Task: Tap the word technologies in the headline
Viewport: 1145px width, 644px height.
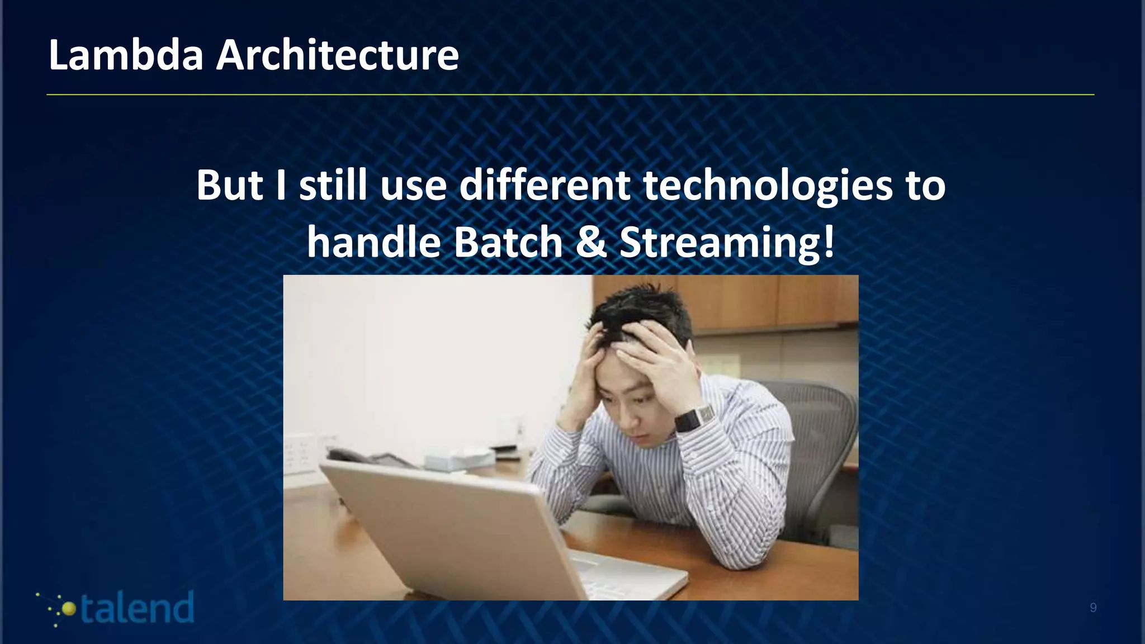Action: point(768,186)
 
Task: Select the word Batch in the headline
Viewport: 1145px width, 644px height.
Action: point(508,243)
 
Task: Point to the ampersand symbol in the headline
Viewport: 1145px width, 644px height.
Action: point(590,243)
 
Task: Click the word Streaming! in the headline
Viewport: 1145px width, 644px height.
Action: point(727,244)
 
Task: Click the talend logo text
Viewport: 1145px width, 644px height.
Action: point(137,608)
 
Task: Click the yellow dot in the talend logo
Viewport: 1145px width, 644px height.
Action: point(69,609)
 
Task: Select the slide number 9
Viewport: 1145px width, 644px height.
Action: point(1093,608)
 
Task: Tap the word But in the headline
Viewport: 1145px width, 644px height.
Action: point(229,185)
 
